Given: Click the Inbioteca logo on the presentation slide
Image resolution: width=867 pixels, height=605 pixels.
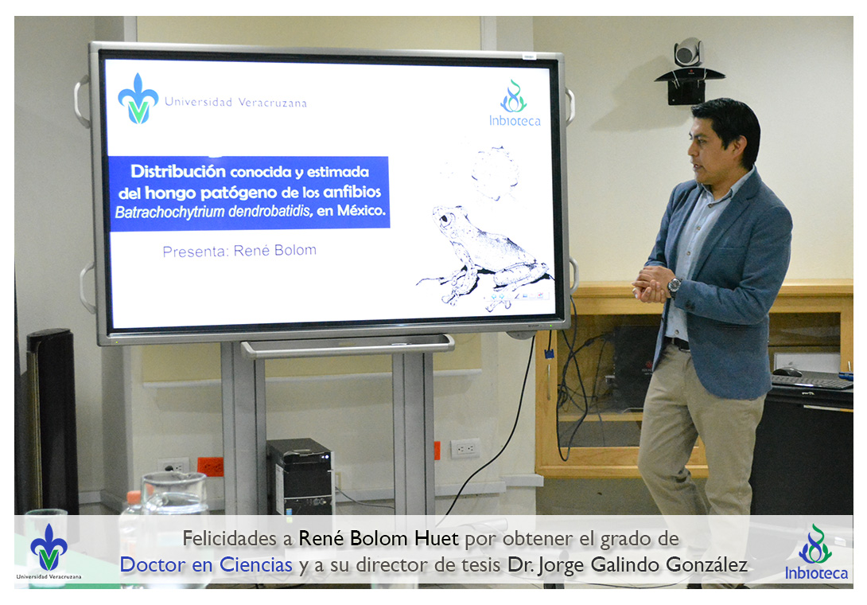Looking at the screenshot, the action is coord(514,103).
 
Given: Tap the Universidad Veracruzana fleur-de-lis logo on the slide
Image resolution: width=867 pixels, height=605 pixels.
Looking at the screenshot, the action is coord(138,99).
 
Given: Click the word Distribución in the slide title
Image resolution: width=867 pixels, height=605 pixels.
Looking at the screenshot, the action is coord(178,171).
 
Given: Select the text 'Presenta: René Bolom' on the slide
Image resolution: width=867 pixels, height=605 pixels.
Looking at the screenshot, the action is coord(239,251).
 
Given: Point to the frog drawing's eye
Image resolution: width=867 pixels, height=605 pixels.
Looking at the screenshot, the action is coord(445,219).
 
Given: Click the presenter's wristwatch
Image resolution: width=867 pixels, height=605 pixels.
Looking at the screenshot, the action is coord(674,286).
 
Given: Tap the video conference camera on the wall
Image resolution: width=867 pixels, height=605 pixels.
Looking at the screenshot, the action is coord(688,70).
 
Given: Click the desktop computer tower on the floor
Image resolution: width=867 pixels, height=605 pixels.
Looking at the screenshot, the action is coord(300,476).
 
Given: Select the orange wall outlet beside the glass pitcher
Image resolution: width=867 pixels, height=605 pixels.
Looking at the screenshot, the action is coord(211,466).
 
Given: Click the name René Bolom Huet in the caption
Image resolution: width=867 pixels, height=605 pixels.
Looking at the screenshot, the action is coord(379,538).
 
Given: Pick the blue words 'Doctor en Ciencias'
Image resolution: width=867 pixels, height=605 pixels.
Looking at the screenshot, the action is coord(206,564).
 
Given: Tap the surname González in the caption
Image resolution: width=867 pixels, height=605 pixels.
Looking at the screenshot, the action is coord(706,564).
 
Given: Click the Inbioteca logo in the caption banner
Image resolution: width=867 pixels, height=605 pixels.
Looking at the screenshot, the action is coord(816,552).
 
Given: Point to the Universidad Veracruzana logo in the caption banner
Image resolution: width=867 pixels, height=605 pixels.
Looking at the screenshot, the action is coord(49,552).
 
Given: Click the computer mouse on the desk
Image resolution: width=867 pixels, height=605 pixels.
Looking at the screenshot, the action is coord(787,372).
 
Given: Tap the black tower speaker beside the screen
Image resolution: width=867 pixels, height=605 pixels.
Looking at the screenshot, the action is coord(52,420).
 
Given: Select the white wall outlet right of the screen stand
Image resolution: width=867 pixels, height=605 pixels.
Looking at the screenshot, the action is coord(465,448).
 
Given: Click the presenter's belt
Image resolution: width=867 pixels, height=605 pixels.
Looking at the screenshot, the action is coord(678,343).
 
